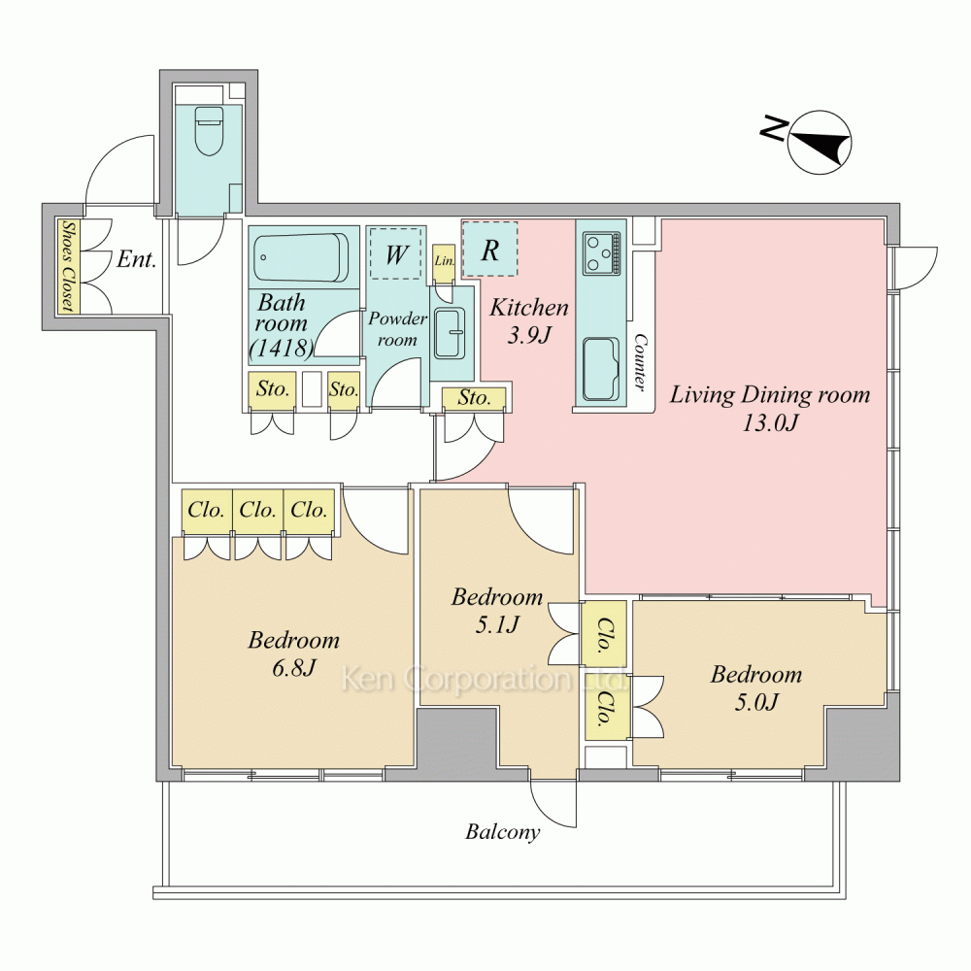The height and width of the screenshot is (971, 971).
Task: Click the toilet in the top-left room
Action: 209,131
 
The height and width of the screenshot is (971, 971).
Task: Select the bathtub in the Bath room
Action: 302,257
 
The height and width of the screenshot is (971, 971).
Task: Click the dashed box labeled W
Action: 396,253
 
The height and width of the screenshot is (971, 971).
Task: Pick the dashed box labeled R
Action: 489,249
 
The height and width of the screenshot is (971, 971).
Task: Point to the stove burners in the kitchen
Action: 601,253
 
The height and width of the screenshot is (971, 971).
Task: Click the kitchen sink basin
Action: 601,370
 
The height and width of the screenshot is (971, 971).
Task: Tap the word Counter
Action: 640,363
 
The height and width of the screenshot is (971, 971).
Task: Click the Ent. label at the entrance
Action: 136,259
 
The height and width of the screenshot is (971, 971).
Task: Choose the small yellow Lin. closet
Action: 444,260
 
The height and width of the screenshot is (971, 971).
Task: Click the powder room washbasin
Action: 450,333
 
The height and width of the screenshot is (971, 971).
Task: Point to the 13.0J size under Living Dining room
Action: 769,423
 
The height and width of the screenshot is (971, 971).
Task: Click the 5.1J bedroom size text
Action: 496,624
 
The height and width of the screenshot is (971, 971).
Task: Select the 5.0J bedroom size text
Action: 756,702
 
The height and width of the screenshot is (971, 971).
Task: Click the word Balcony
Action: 502,832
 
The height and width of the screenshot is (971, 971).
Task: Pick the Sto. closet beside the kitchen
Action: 475,399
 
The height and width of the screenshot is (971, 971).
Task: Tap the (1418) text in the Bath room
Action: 282,348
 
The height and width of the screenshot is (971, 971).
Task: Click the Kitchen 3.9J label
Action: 529,320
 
